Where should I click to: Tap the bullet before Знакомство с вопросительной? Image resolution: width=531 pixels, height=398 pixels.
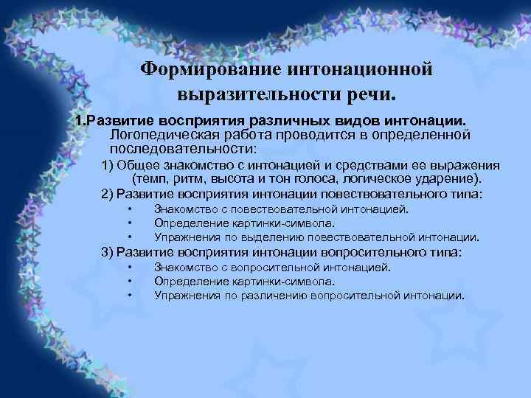coord(129,268)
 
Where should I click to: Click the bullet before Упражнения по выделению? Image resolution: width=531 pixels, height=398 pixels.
coord(129,237)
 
